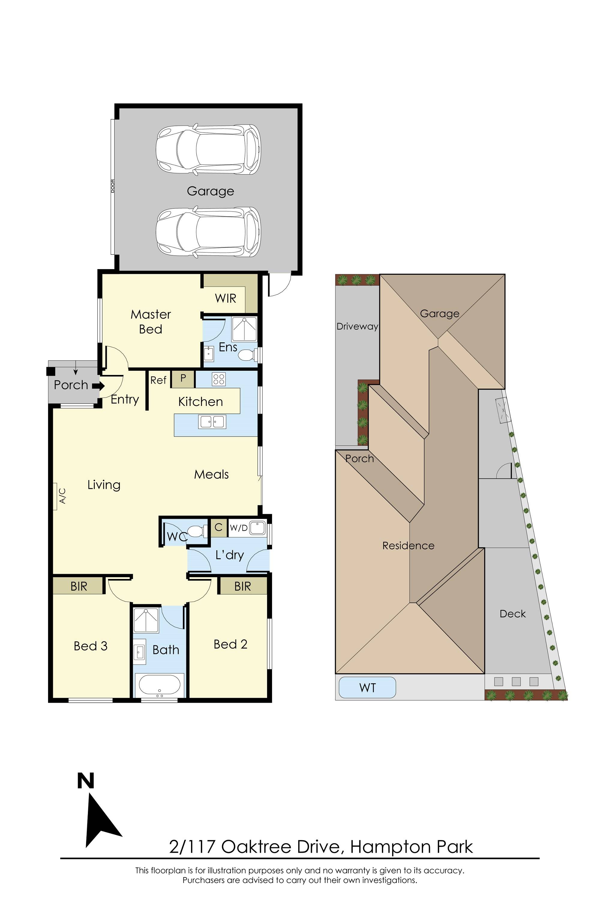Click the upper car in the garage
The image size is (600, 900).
click(x=208, y=150)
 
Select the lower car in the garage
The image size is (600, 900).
click(x=208, y=232)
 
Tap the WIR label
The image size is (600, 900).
click(x=225, y=298)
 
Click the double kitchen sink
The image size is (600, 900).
click(x=212, y=422)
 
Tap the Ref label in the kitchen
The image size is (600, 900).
click(x=158, y=380)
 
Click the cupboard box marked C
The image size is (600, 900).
click(x=218, y=527)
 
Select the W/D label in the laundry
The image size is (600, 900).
click(x=238, y=528)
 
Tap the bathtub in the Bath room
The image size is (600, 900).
click(x=159, y=685)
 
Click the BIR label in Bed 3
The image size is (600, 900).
click(x=79, y=586)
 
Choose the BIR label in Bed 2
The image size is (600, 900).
click(x=243, y=586)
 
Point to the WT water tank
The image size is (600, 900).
click(x=367, y=688)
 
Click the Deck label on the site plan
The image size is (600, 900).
click(x=512, y=614)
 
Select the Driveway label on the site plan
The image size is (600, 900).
click(x=357, y=326)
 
